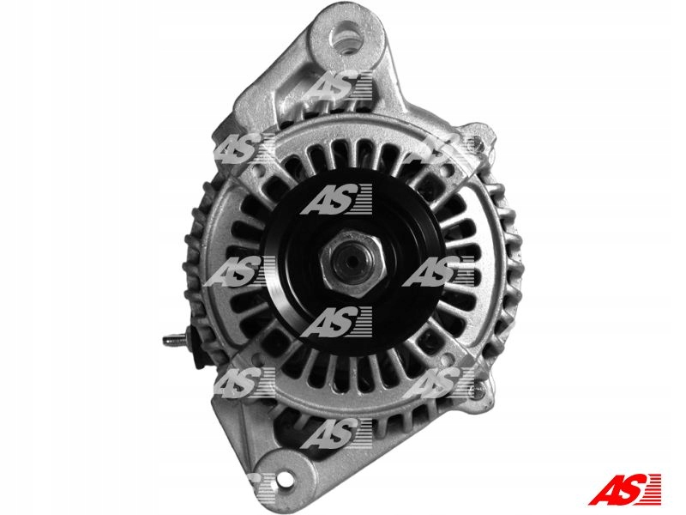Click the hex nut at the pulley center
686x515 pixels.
tap(352, 264)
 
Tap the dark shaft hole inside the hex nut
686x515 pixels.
tap(352, 262)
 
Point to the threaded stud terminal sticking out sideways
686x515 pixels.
tap(173, 339)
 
